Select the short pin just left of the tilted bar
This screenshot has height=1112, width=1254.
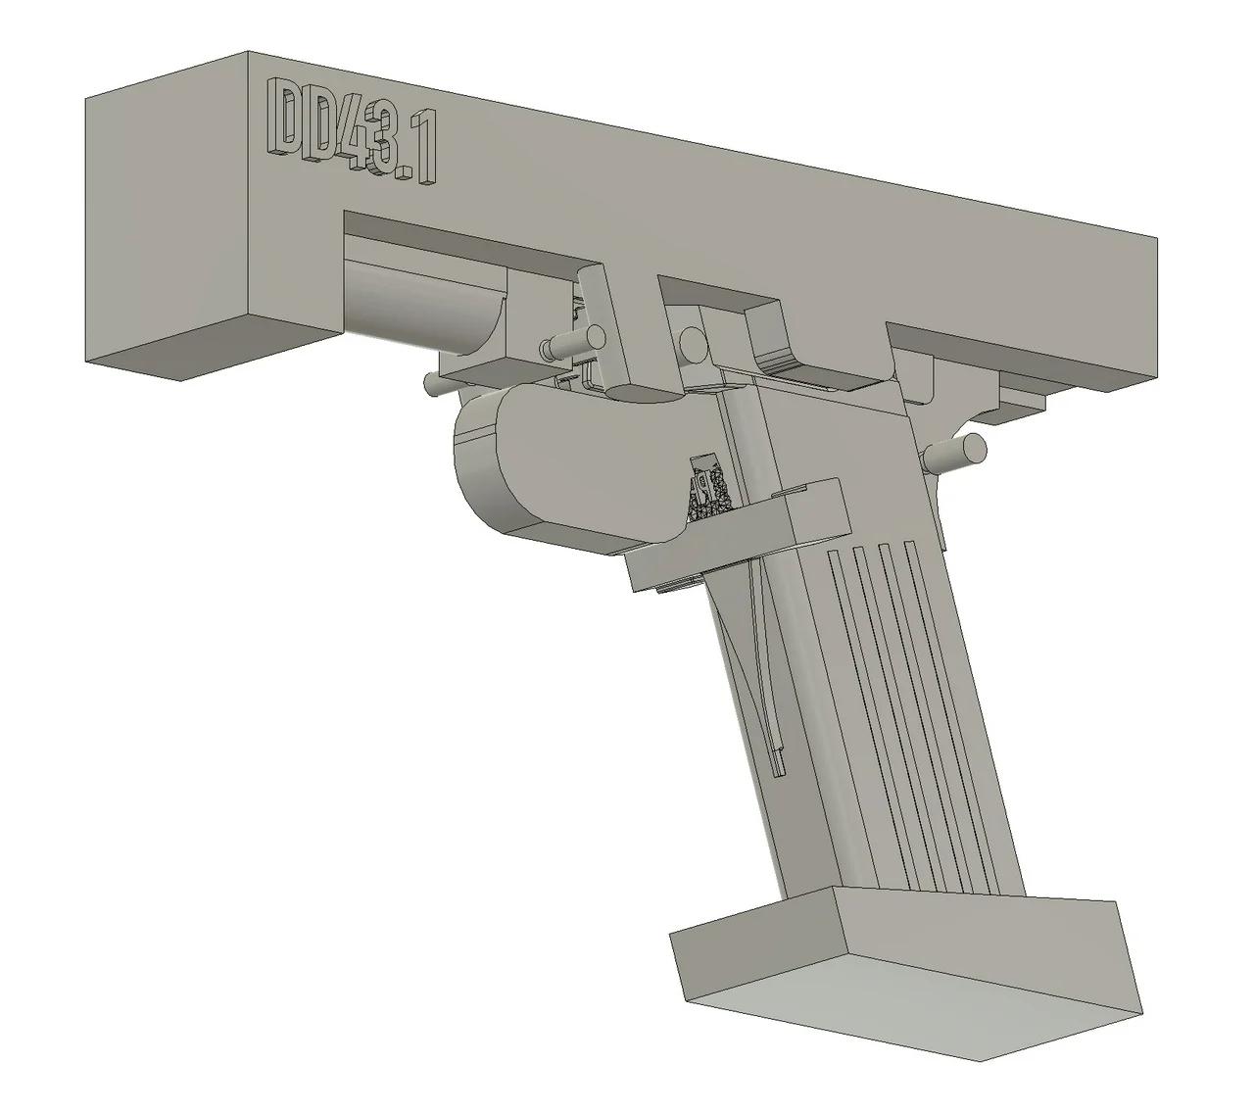[x=558, y=346]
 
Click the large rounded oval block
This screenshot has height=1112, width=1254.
[x=568, y=460]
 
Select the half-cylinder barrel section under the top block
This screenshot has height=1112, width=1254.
[x=421, y=299]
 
